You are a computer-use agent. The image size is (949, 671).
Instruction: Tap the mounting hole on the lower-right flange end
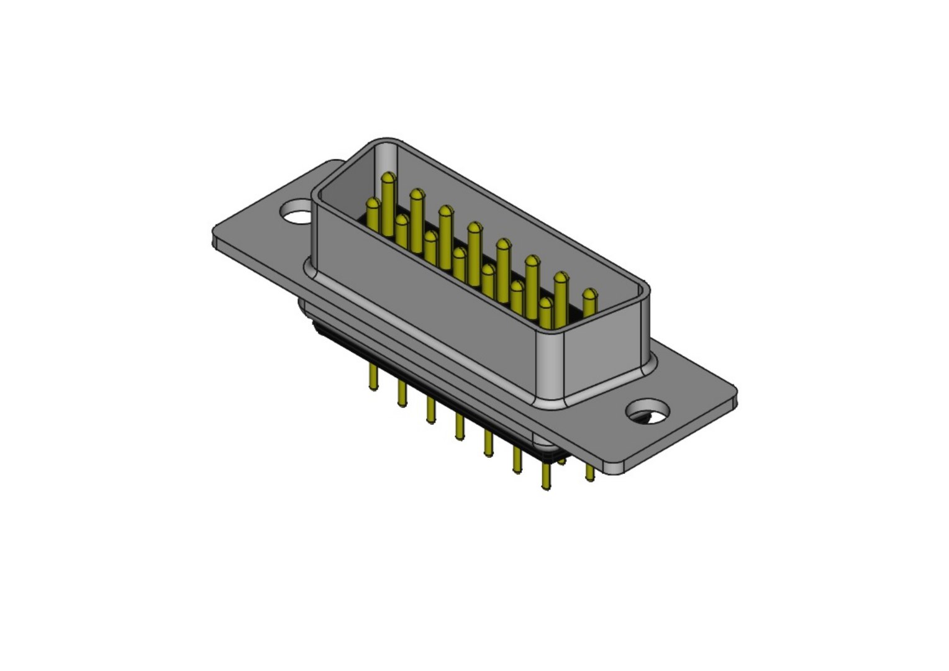pyautogui.click(x=648, y=411)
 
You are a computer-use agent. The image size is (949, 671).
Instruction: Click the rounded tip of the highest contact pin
pyautogui.click(x=388, y=179)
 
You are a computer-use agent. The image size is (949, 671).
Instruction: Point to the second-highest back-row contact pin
pyautogui.click(x=417, y=196)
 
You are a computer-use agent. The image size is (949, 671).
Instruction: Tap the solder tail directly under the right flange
pyautogui.click(x=589, y=473)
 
